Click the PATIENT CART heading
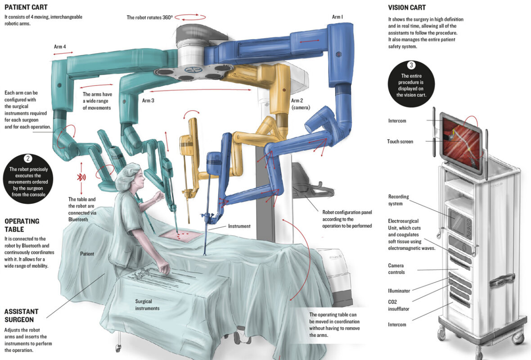[26, 7]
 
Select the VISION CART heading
[407, 8]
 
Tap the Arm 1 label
[337, 17]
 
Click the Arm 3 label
[148, 100]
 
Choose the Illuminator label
[399, 291]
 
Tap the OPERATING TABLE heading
[22, 225]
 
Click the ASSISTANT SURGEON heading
[21, 315]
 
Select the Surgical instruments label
[147, 305]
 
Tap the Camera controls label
[396, 269]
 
